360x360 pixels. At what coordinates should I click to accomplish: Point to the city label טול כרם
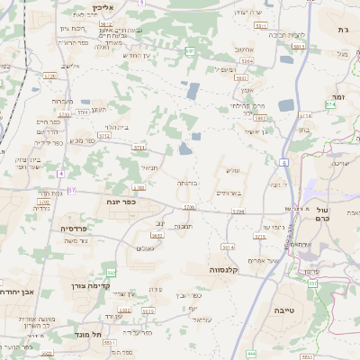click(x=325, y=214)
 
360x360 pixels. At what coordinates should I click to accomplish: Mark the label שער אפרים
click(x=261, y=261)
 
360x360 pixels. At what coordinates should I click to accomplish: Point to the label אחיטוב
click(x=246, y=49)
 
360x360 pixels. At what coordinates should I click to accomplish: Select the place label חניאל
click(x=149, y=167)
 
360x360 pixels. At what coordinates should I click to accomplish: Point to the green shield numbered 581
click(x=190, y=51)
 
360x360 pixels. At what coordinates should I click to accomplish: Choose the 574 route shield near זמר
click(x=330, y=103)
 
